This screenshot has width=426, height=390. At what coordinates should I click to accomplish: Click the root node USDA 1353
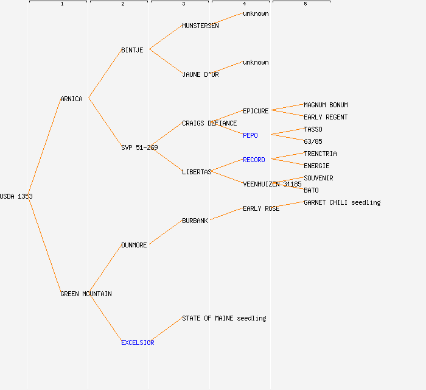[x=16, y=196]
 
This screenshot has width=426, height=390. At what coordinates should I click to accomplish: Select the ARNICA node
[x=71, y=99]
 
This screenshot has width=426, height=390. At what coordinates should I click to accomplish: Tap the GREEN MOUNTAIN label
[x=86, y=294]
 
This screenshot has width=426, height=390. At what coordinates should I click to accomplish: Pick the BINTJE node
[x=132, y=50]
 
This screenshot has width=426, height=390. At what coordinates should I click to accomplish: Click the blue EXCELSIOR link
[x=138, y=342]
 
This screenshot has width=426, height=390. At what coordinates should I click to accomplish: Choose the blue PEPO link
[x=250, y=135]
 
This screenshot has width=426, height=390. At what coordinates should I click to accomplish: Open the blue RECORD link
[x=254, y=160]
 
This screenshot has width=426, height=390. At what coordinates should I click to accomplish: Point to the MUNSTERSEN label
[x=200, y=26]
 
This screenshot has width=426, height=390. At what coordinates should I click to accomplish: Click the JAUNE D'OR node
[x=200, y=74]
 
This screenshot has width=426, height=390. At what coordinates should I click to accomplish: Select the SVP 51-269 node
[x=139, y=147]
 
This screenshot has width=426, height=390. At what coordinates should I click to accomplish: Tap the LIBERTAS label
[x=197, y=172]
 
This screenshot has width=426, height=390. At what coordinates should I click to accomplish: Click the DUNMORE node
[x=134, y=245]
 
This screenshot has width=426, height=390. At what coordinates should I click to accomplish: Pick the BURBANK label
[x=195, y=221]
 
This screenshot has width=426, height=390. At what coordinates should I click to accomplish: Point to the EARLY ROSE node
[x=261, y=208]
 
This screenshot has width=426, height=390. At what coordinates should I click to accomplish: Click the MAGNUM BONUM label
[x=326, y=105]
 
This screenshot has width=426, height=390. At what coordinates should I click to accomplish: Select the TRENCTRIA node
[x=320, y=154]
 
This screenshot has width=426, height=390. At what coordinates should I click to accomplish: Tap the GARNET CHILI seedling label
[x=342, y=202]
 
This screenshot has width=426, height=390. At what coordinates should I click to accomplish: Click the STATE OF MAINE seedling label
[x=224, y=318]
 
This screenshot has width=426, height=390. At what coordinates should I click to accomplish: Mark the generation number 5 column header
[x=305, y=4]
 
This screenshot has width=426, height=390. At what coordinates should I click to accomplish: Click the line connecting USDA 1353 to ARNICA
[x=44, y=147]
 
